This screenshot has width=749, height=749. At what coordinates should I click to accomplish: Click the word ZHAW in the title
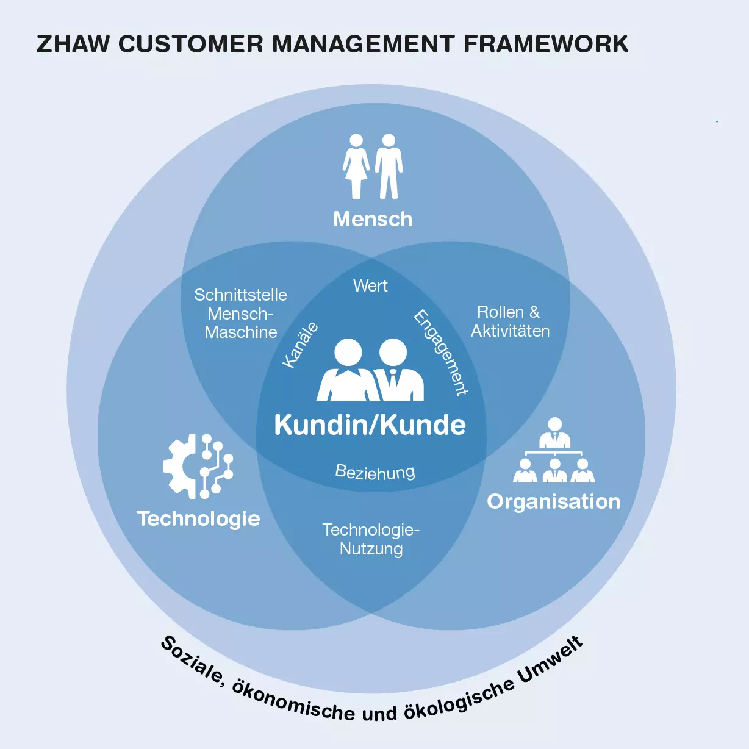click(x=73, y=43)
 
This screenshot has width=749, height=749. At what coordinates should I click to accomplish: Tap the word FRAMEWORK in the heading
click(x=546, y=43)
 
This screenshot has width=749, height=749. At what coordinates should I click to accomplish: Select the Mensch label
click(x=373, y=219)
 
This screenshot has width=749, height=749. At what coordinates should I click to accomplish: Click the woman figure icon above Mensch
click(x=356, y=167)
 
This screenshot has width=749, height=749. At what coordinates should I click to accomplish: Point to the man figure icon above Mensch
click(x=389, y=167)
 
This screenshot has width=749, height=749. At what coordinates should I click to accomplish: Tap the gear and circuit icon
click(x=198, y=466)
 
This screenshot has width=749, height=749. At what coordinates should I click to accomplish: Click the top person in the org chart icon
click(x=554, y=432)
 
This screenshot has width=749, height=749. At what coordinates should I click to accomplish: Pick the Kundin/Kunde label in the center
click(x=370, y=425)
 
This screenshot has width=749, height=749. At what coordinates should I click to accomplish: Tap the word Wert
click(x=370, y=286)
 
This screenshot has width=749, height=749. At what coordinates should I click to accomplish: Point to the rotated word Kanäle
click(x=301, y=345)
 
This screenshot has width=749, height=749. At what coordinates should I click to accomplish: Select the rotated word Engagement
click(x=440, y=353)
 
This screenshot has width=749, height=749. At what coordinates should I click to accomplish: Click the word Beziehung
click(x=375, y=473)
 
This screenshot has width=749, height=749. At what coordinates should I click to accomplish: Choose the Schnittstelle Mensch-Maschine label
click(x=241, y=314)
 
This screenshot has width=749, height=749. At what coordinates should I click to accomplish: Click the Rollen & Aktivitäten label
click(x=510, y=322)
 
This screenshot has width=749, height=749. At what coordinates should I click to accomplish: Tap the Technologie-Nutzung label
click(x=371, y=540)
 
